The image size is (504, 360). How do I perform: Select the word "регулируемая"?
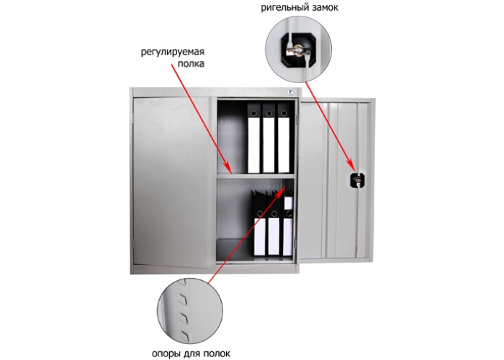pos(174,51)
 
